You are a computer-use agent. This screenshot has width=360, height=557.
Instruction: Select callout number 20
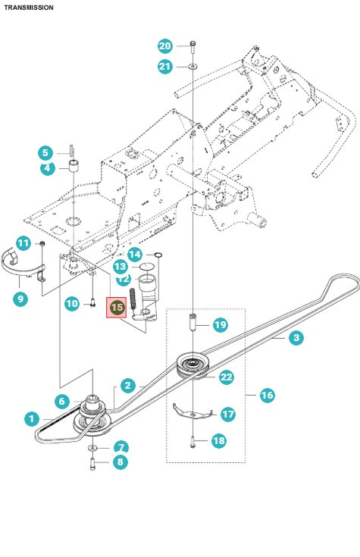pyautogui.click(x=165, y=45)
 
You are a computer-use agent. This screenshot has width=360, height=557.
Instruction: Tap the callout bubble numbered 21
pyautogui.click(x=165, y=67)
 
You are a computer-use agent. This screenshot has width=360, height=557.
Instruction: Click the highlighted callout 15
pyautogui.click(x=117, y=307)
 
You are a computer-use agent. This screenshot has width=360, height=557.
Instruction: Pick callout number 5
pyautogui.click(x=47, y=152)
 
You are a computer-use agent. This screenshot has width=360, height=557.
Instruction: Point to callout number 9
pyautogui.click(x=20, y=299)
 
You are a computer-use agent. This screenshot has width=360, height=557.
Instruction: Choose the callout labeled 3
pyautogui.click(x=296, y=338)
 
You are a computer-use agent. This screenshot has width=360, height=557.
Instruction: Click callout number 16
pyautogui.click(x=267, y=395)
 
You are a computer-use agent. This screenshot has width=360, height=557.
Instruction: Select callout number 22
pyautogui.click(x=226, y=377)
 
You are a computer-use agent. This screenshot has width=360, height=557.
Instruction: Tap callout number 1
pyautogui.click(x=30, y=418)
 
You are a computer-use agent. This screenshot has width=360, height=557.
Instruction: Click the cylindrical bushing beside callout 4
pyautogui.click(x=76, y=166)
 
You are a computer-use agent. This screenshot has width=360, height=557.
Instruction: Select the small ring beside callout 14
pyautogui.click(x=157, y=254)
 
